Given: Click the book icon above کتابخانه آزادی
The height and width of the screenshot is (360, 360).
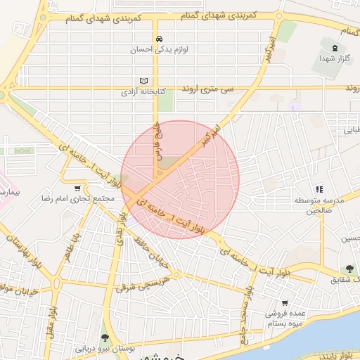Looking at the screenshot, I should [x=143, y=80].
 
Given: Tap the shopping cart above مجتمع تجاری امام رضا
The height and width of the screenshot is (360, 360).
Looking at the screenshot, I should [x=87, y=188].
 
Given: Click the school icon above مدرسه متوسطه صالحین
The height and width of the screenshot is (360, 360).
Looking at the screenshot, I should [x=320, y=189].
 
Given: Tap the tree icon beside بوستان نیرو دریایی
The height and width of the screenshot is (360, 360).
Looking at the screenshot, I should [x=105, y=337].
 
